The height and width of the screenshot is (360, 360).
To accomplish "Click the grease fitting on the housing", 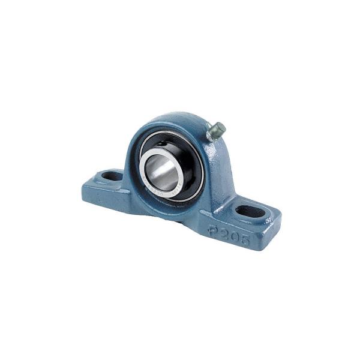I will [x=216, y=131].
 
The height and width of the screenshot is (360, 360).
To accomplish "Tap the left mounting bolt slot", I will [x=112, y=176].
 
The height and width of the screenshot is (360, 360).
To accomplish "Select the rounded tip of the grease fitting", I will [x=223, y=127].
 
